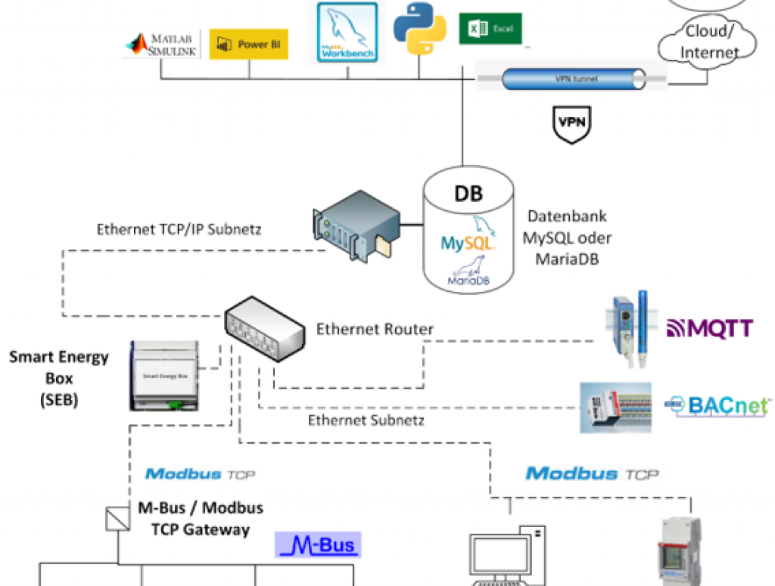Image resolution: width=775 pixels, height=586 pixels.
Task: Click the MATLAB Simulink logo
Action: click(x=160, y=45)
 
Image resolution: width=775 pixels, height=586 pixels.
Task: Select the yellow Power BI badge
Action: click(x=248, y=45)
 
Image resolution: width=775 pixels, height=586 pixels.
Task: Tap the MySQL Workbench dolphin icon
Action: click(x=347, y=32)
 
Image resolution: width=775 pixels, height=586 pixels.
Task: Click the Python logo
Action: click(x=419, y=28)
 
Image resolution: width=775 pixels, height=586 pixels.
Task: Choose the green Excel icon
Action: click(x=490, y=29)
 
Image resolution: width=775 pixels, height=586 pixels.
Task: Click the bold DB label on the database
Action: click(x=468, y=193)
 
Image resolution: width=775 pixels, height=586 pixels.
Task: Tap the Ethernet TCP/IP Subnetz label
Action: click(x=179, y=229)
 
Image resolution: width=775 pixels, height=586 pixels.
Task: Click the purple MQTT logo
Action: click(x=709, y=328)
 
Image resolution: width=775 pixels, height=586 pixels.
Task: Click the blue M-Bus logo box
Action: click(x=317, y=545)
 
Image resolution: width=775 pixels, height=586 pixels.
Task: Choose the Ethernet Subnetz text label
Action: click(x=365, y=420)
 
